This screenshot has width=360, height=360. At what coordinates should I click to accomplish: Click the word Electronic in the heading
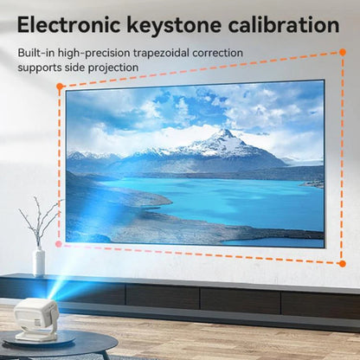72,25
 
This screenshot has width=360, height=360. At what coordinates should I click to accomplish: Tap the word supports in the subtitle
41,67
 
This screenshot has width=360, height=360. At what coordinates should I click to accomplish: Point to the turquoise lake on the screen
216,199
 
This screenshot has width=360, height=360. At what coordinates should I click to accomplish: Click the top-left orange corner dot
60,87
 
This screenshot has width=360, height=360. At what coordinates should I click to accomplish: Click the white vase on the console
38,261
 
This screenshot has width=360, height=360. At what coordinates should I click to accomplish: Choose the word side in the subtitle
80,67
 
